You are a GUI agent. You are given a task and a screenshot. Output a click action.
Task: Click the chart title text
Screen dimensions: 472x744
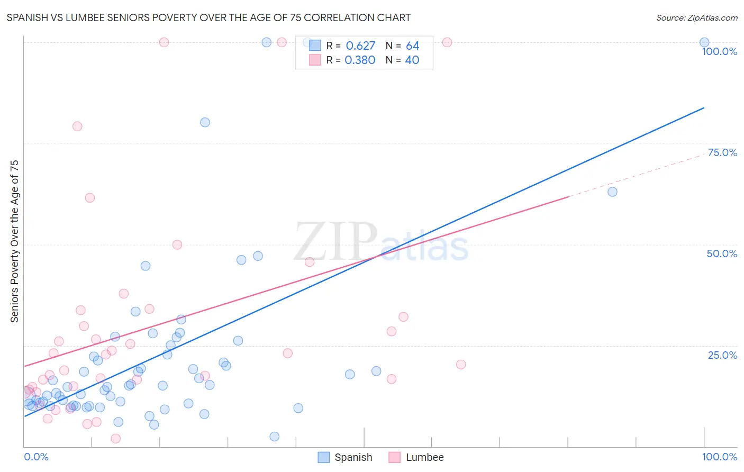(208, 17)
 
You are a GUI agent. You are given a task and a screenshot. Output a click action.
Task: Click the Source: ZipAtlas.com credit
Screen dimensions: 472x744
(696, 17)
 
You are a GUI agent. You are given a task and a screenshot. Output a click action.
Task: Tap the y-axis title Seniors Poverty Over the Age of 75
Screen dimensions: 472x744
(14, 241)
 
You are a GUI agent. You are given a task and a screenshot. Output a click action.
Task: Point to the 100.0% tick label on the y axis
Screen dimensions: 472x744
(719, 51)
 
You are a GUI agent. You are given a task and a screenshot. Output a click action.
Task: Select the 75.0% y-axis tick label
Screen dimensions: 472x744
(722, 152)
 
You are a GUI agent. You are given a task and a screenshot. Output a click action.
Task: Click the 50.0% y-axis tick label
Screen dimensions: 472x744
(722, 253)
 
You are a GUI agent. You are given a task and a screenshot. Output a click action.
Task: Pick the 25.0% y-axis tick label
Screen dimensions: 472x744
(722, 355)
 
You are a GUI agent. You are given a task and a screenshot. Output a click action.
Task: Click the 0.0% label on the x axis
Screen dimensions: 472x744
(36, 457)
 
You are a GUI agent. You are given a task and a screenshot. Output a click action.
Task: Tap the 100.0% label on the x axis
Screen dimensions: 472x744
(719, 457)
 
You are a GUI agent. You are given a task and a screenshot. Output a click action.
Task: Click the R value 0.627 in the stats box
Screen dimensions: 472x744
(360, 46)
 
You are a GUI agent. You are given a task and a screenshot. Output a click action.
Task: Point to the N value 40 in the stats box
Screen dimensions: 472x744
(412, 60)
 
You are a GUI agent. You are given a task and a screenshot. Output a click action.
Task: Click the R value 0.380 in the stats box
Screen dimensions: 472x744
(360, 60)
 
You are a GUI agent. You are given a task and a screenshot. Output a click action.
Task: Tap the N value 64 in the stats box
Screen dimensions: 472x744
(412, 46)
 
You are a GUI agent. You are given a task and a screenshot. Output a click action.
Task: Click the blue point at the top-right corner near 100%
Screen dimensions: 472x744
(704, 42)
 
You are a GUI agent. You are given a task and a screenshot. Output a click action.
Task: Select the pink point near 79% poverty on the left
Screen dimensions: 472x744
(77, 126)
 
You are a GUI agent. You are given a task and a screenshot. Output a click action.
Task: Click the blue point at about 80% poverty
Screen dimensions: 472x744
(205, 122)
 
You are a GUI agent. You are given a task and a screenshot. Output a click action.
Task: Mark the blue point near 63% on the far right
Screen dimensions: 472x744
(612, 192)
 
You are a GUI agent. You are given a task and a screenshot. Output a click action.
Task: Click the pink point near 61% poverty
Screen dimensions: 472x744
(90, 197)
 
